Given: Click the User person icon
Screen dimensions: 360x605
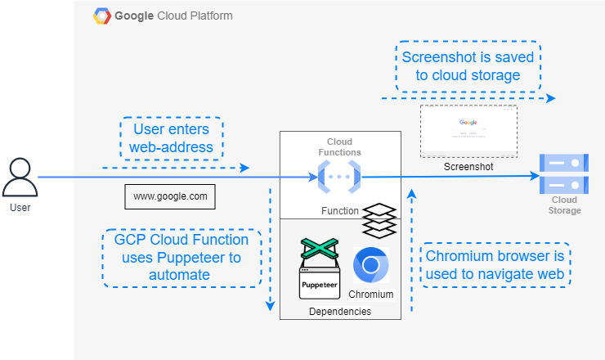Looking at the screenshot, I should [20, 178].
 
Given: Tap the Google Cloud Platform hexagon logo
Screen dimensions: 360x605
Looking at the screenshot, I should [103, 16].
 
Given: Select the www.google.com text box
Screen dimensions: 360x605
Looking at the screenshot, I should [170, 196].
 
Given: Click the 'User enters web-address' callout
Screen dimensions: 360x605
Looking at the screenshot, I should [170, 139].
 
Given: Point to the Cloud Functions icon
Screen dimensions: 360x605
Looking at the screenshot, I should [339, 176].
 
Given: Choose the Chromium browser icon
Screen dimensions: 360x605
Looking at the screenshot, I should [370, 265].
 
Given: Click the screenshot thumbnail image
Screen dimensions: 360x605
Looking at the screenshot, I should [468, 131].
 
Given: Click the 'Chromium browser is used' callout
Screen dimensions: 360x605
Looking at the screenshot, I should [495, 264].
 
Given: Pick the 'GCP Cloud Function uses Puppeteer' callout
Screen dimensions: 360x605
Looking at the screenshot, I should [181, 258].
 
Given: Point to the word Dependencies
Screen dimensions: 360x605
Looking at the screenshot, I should [339, 312].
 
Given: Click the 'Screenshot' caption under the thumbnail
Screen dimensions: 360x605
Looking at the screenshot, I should [468, 166].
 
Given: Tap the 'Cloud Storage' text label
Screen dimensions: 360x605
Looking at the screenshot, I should [564, 205].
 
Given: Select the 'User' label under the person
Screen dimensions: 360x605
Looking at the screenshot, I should [20, 208].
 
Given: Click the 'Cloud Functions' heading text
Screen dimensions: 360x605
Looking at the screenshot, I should [339, 146].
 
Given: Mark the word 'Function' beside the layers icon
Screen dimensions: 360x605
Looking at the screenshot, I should [340, 210].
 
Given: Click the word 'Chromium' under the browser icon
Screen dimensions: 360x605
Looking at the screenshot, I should [371, 294].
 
